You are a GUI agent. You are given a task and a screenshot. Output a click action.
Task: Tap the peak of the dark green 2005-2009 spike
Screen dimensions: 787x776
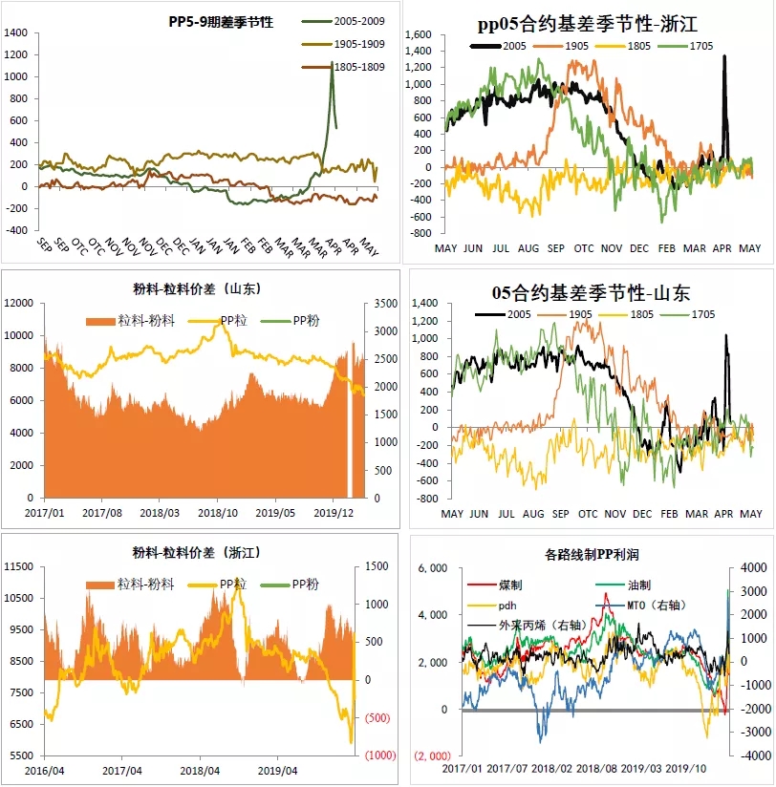[x=332, y=62]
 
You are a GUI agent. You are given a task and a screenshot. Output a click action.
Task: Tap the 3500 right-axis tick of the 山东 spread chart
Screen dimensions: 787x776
[x=377, y=303]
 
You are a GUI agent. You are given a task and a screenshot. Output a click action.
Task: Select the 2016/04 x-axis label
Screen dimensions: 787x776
[x=44, y=770]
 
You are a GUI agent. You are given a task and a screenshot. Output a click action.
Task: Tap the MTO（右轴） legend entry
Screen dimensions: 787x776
[x=649, y=606]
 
